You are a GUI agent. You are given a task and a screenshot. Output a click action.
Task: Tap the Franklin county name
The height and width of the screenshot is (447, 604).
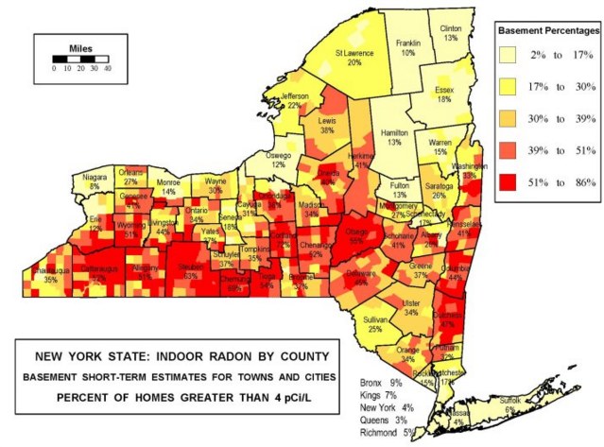(408, 43)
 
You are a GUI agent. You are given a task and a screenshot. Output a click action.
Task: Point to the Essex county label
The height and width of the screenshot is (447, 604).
(444, 90)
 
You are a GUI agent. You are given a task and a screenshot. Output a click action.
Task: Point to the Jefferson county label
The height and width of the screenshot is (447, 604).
(294, 96)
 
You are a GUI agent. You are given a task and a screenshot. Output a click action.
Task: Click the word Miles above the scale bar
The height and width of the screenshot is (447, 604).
(80, 46)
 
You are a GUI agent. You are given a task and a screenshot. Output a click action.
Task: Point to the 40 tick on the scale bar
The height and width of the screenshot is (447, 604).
(107, 68)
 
